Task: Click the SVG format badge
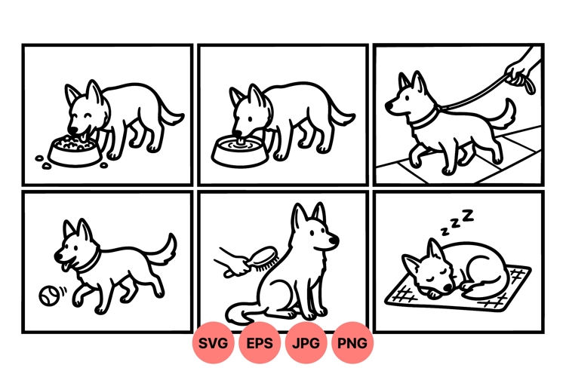[x=214, y=344]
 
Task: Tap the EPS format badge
[x=260, y=344]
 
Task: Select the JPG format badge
[x=307, y=344]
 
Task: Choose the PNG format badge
[x=352, y=344]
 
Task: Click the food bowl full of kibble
[x=73, y=149]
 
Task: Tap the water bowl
[x=238, y=150]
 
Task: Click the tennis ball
[x=48, y=296]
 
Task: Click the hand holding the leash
[x=519, y=72]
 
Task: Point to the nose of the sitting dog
[x=334, y=243]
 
